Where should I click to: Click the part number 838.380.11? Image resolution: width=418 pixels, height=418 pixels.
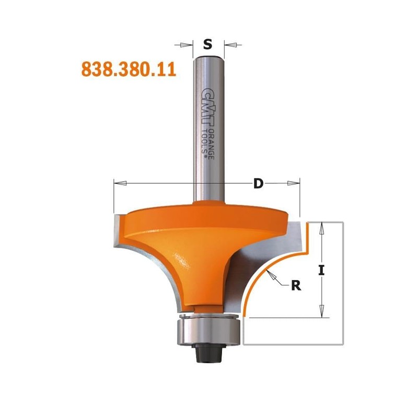(128, 69)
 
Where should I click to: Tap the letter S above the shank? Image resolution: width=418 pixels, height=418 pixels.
(208, 44)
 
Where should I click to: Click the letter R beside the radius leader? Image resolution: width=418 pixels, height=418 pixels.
(296, 285)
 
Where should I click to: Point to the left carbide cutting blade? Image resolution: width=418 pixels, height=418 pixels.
(117, 230)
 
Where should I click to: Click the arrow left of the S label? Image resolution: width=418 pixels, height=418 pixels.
(186, 45)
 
